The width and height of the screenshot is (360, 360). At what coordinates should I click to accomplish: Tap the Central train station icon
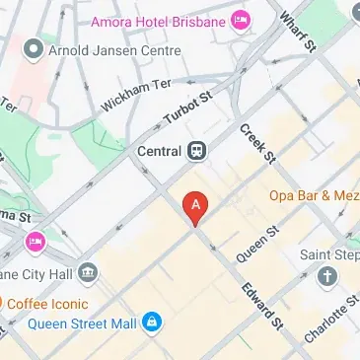click(x=198, y=152)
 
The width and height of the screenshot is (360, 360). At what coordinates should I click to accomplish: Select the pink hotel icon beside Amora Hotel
click(x=240, y=21)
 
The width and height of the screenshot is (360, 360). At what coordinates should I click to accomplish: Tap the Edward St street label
click(x=263, y=306)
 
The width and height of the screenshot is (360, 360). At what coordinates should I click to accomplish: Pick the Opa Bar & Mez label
click(x=315, y=195)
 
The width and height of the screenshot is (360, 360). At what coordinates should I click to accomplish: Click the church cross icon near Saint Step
click(x=326, y=279)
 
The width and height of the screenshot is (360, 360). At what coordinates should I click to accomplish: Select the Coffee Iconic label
click(x=51, y=304)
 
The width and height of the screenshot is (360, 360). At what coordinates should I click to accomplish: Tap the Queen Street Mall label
click(x=83, y=323)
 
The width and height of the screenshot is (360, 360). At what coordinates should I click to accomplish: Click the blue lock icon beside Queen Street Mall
click(x=151, y=323)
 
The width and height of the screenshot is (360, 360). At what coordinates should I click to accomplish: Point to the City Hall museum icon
click(x=88, y=271)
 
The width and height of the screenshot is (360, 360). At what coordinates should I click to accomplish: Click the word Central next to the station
click(x=159, y=152)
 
